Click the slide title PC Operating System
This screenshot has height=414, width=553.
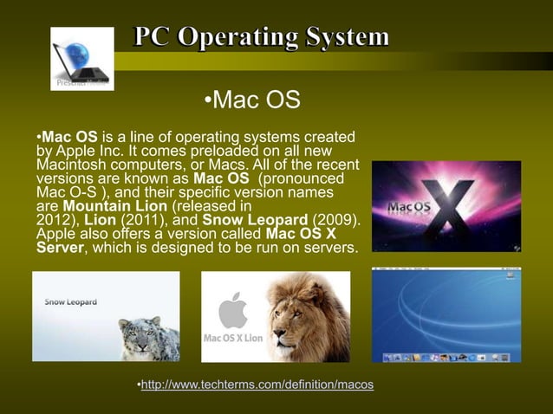click(x=261, y=37)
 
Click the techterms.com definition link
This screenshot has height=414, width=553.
click(x=257, y=384)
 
